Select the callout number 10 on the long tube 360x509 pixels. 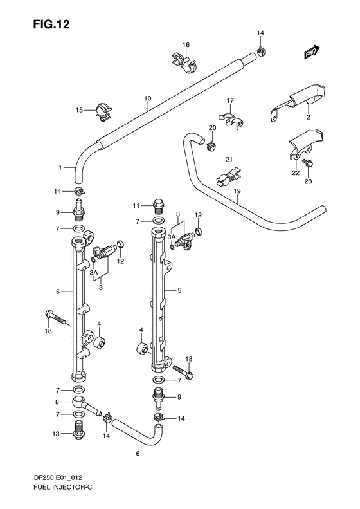(147, 98)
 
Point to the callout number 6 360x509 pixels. (137, 453)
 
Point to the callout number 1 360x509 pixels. (60, 168)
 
